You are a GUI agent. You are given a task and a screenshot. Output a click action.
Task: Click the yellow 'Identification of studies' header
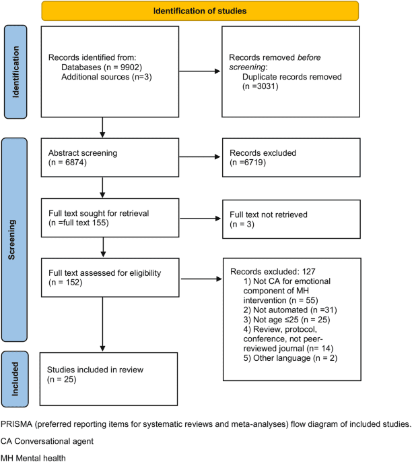pyautogui.click(x=199, y=11)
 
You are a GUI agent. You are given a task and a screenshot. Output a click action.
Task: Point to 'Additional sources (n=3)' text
pyautogui.click(x=104, y=78)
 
